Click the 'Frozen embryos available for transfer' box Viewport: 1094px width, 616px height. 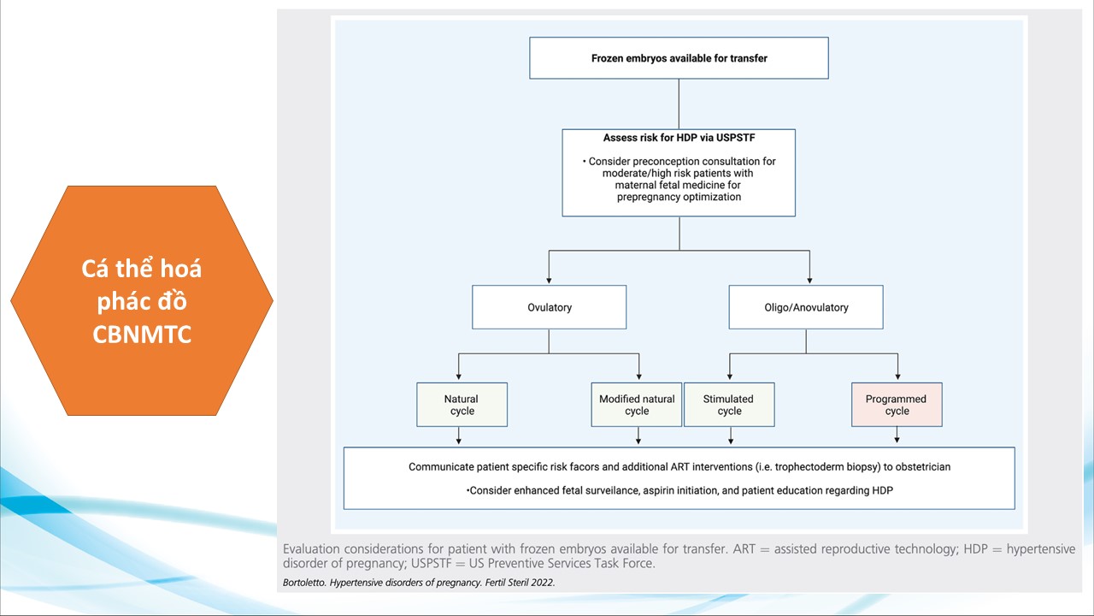click(679, 58)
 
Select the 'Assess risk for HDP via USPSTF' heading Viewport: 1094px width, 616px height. click(679, 138)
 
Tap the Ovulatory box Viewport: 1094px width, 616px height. click(549, 307)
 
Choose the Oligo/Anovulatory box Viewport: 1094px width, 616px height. click(805, 307)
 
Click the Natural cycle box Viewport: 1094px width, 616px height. click(462, 405)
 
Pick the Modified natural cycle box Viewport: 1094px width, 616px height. click(637, 405)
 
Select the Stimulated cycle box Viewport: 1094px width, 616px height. click(729, 405)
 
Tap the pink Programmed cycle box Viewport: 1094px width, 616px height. click(897, 405)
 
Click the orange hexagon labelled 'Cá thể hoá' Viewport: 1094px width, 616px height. click(142, 300)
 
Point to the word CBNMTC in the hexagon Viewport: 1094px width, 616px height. click(142, 334)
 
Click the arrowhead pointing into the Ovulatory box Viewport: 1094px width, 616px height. click(549, 280)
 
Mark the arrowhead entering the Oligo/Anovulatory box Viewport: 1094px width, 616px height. click(809, 280)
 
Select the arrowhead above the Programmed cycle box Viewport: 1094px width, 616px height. click(897, 377)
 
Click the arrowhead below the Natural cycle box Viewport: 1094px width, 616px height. click(459, 441)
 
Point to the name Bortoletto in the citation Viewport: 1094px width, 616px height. click(307, 583)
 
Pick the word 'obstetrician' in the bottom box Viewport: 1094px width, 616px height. click(919, 467)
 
